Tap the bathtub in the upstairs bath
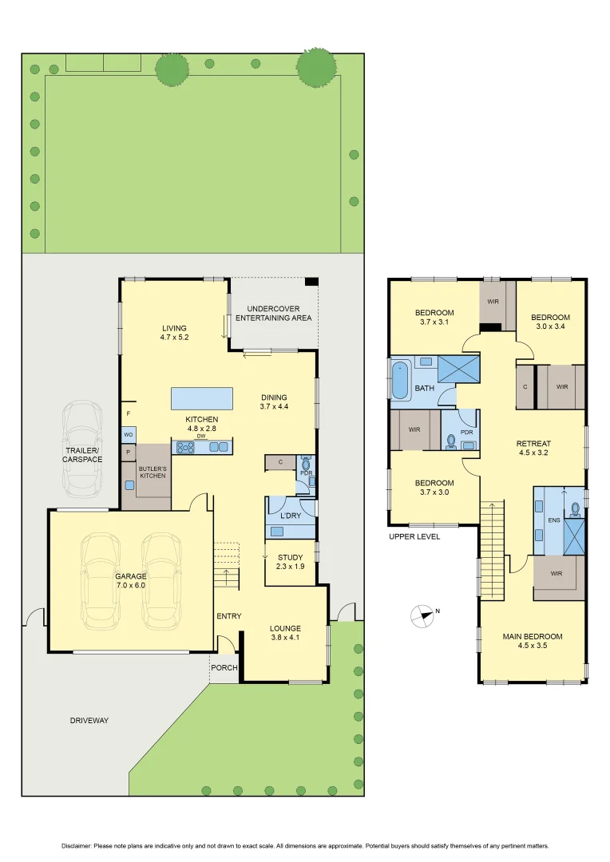399,380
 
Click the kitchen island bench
202,397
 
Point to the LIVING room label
173,333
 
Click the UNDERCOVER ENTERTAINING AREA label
273,313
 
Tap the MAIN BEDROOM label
532,641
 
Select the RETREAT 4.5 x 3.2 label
533,448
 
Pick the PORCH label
224,667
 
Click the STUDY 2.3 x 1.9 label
290,561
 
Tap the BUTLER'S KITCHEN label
152,471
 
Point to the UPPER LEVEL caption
414,536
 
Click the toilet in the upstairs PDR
451,440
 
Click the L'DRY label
290,515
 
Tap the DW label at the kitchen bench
202,436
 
